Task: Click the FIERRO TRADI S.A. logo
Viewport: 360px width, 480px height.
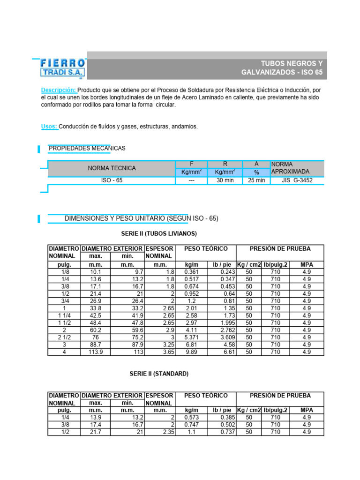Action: [62, 67]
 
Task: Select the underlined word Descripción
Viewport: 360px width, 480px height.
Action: [58, 90]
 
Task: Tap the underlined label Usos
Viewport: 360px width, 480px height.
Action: [49, 127]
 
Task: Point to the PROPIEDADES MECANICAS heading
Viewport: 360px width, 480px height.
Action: [87, 149]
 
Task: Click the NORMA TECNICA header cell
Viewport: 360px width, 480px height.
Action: [112, 168]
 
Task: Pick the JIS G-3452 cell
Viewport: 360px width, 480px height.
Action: [297, 180]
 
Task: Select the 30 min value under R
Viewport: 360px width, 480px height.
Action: [225, 180]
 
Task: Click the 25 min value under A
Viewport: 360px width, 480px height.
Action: [256, 180]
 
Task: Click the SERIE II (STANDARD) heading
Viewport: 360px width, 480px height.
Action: [159, 374]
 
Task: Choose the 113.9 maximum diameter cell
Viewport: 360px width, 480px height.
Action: [95, 352]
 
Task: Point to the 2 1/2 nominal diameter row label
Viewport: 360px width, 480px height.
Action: [64, 337]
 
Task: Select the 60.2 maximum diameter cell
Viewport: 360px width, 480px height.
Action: [95, 330]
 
